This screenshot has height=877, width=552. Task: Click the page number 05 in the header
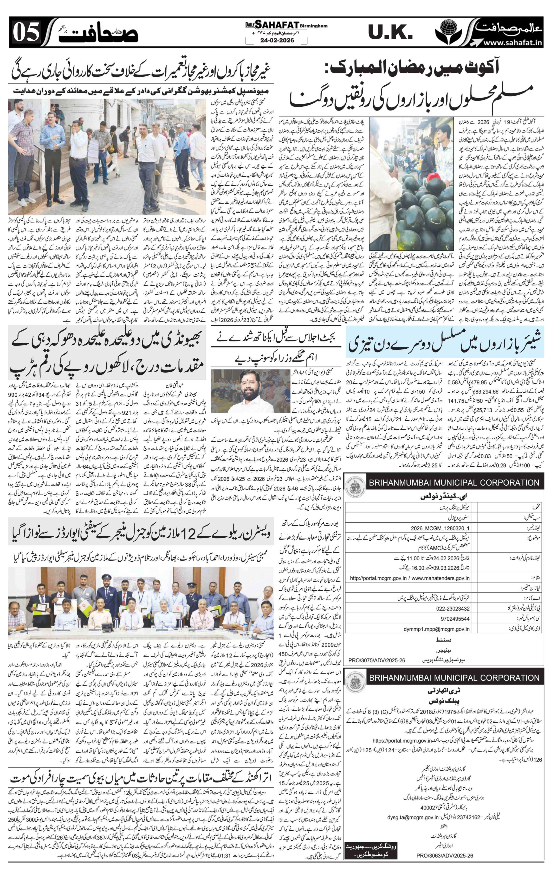tap(26, 32)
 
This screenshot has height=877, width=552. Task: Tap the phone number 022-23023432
tap(453, 609)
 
